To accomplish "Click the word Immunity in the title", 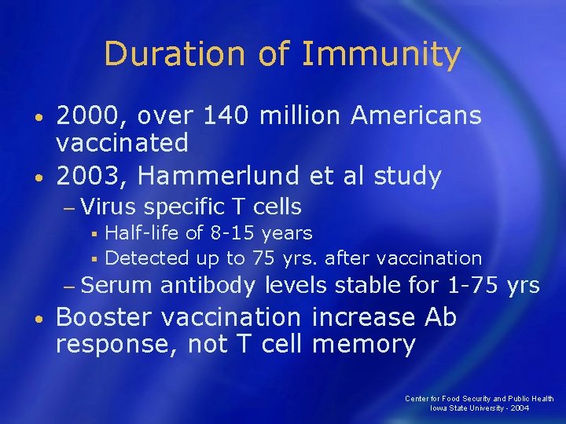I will pyautogui.click(x=381, y=54).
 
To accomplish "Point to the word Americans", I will pyautogui.click(x=416, y=115).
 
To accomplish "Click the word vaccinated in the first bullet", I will pyautogui.click(x=122, y=143).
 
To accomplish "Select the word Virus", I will pyautogui.click(x=108, y=207).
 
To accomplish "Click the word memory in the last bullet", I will pyautogui.click(x=363, y=344).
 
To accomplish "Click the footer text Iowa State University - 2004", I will pyautogui.click(x=480, y=408).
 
